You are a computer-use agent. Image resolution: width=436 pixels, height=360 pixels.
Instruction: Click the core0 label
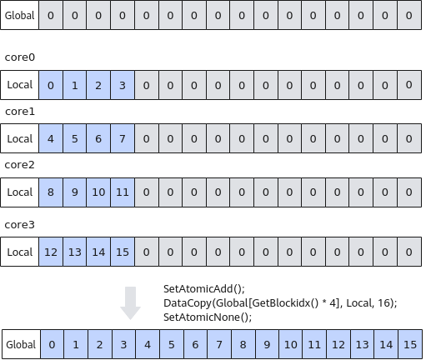(x=20, y=57)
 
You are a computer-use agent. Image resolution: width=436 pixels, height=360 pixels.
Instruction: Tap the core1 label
(x=20, y=112)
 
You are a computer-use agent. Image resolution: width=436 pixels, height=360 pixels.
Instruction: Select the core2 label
(x=19, y=165)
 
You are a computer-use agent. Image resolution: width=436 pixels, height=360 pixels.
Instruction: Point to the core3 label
(x=19, y=225)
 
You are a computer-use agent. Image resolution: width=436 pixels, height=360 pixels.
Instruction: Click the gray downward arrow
(x=130, y=303)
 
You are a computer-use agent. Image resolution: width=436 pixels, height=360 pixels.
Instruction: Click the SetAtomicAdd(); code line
(x=204, y=289)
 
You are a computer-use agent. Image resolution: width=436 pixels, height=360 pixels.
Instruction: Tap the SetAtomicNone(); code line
(x=208, y=317)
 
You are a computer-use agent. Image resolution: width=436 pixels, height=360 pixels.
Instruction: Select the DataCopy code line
(x=280, y=303)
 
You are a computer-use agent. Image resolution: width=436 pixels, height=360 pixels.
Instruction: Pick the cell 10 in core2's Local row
(x=98, y=192)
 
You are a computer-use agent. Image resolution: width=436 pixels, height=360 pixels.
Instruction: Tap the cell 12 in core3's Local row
(x=51, y=252)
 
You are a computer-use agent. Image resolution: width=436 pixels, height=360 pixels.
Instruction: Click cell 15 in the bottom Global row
(x=410, y=344)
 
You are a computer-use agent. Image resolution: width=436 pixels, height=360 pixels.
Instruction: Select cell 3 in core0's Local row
(x=123, y=85)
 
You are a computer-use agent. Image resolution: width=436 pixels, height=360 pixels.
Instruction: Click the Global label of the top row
(x=19, y=15)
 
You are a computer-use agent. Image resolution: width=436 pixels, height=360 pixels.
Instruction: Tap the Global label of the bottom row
(x=21, y=344)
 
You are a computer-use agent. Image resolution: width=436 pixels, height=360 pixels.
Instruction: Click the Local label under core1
(x=19, y=138)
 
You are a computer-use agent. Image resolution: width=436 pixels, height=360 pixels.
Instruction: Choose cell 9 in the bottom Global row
(x=267, y=344)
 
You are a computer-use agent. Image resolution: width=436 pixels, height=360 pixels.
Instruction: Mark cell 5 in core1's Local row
(x=74, y=138)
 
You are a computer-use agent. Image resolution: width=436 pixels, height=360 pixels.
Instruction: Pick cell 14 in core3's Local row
(x=98, y=252)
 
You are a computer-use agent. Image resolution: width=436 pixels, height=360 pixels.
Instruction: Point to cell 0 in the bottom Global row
(x=52, y=344)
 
